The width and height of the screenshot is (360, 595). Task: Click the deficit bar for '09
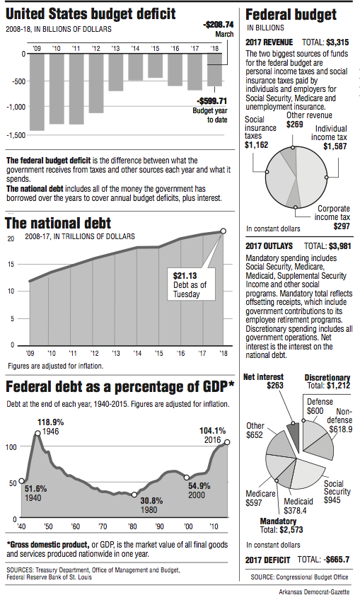pyautogui.click(x=37, y=91)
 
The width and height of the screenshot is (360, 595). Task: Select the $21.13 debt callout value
pyautogui.click(x=185, y=276)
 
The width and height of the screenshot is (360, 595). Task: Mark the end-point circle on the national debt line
pyautogui.click(x=224, y=231)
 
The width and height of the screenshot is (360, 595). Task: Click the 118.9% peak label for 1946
pyautogui.click(x=51, y=422)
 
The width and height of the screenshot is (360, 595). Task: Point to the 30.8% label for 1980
pyautogui.click(x=150, y=501)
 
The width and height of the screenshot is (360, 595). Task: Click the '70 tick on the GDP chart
pyautogui.click(x=103, y=527)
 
